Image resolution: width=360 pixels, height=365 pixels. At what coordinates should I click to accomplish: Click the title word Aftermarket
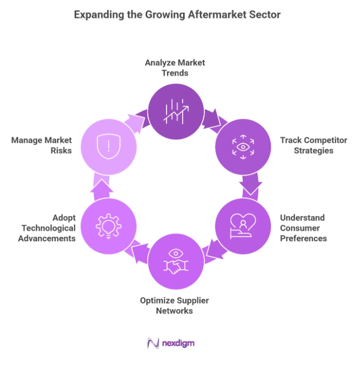click(x=217, y=15)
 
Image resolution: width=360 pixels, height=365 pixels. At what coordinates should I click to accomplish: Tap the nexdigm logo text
click(x=178, y=343)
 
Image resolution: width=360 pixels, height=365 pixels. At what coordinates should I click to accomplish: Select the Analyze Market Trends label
click(x=175, y=67)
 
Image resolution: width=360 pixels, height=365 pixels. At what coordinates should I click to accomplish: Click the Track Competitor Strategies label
click(x=313, y=145)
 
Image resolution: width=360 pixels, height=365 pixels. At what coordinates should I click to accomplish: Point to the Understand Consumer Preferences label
click(x=303, y=228)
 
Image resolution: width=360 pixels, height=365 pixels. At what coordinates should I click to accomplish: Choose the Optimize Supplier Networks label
click(x=174, y=305)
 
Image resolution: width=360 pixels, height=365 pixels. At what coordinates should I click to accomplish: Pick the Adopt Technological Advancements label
click(x=47, y=228)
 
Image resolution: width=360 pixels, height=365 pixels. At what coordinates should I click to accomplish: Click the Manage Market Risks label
click(x=41, y=145)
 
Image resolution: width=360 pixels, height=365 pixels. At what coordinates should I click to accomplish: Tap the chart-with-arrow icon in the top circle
click(x=176, y=112)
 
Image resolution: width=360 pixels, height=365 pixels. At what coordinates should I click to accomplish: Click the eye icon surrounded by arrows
click(x=243, y=147)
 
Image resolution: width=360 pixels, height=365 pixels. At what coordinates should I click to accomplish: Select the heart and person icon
click(x=243, y=226)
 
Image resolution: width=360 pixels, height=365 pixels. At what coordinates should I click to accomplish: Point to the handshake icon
click(x=176, y=262)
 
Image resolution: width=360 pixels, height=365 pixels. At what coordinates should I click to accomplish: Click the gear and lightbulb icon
click(x=108, y=226)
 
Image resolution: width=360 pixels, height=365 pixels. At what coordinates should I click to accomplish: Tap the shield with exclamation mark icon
click(x=108, y=146)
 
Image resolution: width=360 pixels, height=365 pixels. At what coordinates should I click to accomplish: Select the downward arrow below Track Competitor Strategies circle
click(x=251, y=185)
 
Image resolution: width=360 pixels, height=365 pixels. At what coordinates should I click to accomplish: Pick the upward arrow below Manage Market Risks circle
click(x=102, y=187)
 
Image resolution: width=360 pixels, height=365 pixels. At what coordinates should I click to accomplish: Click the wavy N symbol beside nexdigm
click(x=153, y=343)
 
